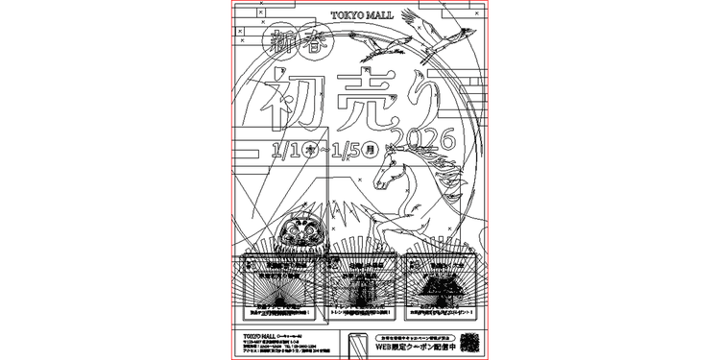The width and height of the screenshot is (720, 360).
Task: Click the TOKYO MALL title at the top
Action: pyautogui.click(x=361, y=15)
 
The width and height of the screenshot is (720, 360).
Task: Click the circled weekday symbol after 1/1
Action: pyautogui.click(x=309, y=151)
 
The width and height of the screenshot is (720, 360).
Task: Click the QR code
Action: pyautogui.click(x=470, y=342)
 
